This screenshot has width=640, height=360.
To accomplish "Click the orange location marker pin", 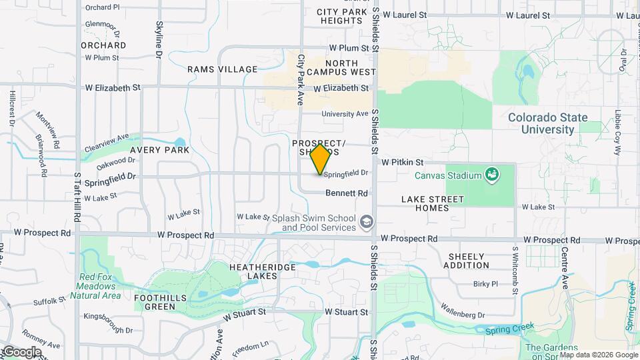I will [x=321, y=159].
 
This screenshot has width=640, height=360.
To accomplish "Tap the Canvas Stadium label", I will [x=447, y=176].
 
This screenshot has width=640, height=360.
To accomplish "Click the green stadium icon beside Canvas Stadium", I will [x=491, y=175].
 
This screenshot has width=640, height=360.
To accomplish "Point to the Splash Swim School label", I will [x=319, y=223].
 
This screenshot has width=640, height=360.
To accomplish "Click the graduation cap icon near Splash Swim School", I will [x=366, y=221].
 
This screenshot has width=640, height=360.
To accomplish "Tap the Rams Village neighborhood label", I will [x=222, y=69].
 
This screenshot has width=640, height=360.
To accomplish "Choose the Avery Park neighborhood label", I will [x=159, y=150].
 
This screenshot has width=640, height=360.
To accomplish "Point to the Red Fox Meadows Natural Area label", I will [x=100, y=286].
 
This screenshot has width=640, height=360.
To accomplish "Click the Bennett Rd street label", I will [x=347, y=193].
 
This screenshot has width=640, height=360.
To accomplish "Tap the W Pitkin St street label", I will [x=403, y=162].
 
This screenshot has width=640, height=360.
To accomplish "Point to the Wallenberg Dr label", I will [x=462, y=311].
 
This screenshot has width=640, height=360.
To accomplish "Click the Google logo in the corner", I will [x=22, y=352].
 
